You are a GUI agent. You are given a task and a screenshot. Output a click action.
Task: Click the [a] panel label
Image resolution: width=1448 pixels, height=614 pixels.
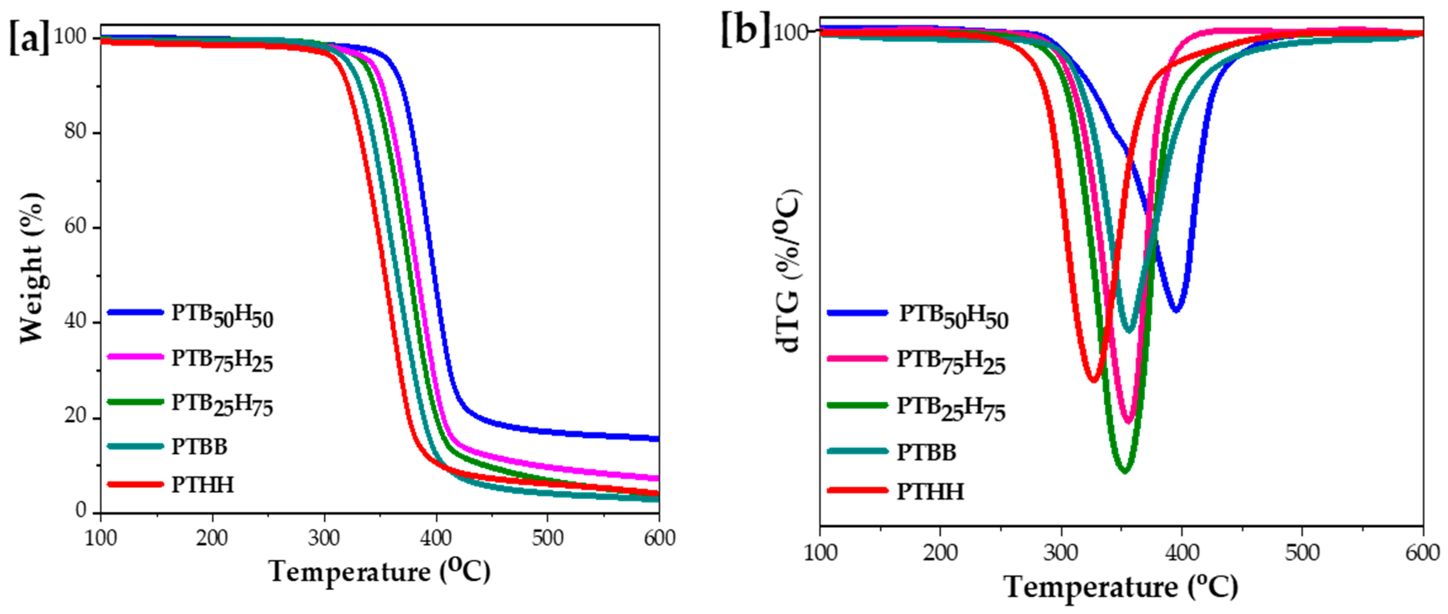29,38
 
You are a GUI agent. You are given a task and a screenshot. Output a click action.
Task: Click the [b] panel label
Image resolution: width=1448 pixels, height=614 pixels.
745,29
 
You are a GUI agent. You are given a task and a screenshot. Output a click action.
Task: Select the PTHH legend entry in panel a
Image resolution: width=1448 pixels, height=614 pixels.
202,485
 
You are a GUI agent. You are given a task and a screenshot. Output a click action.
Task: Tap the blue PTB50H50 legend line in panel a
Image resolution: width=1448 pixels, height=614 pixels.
135,312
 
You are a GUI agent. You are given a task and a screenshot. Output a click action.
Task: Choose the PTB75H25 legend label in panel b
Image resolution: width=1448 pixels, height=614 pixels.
950,361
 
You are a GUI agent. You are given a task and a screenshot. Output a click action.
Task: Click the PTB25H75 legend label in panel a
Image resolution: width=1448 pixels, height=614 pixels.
222,404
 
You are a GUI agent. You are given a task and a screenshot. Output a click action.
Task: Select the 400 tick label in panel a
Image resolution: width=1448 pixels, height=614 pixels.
436,538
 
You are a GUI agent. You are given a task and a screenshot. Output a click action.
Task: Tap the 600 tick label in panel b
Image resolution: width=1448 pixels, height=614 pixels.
1422,553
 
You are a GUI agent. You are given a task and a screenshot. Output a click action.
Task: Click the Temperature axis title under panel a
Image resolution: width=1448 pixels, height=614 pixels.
380,572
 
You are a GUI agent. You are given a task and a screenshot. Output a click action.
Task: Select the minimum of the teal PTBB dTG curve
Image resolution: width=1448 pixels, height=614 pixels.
1129,330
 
